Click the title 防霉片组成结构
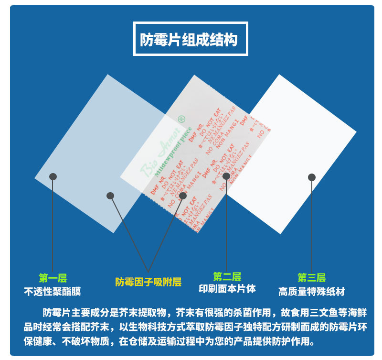(191, 39)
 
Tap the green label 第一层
(53, 278)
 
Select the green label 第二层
(227, 277)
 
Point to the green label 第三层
(311, 278)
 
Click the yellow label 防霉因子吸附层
(148, 282)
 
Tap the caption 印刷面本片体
(227, 289)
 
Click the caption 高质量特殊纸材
(311, 291)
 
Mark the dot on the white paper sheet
(312, 177)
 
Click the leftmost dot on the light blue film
(53, 176)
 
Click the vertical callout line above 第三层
(312, 225)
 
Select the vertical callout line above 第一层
(53, 225)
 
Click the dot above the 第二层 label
(226, 176)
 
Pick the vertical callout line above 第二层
(226, 225)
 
